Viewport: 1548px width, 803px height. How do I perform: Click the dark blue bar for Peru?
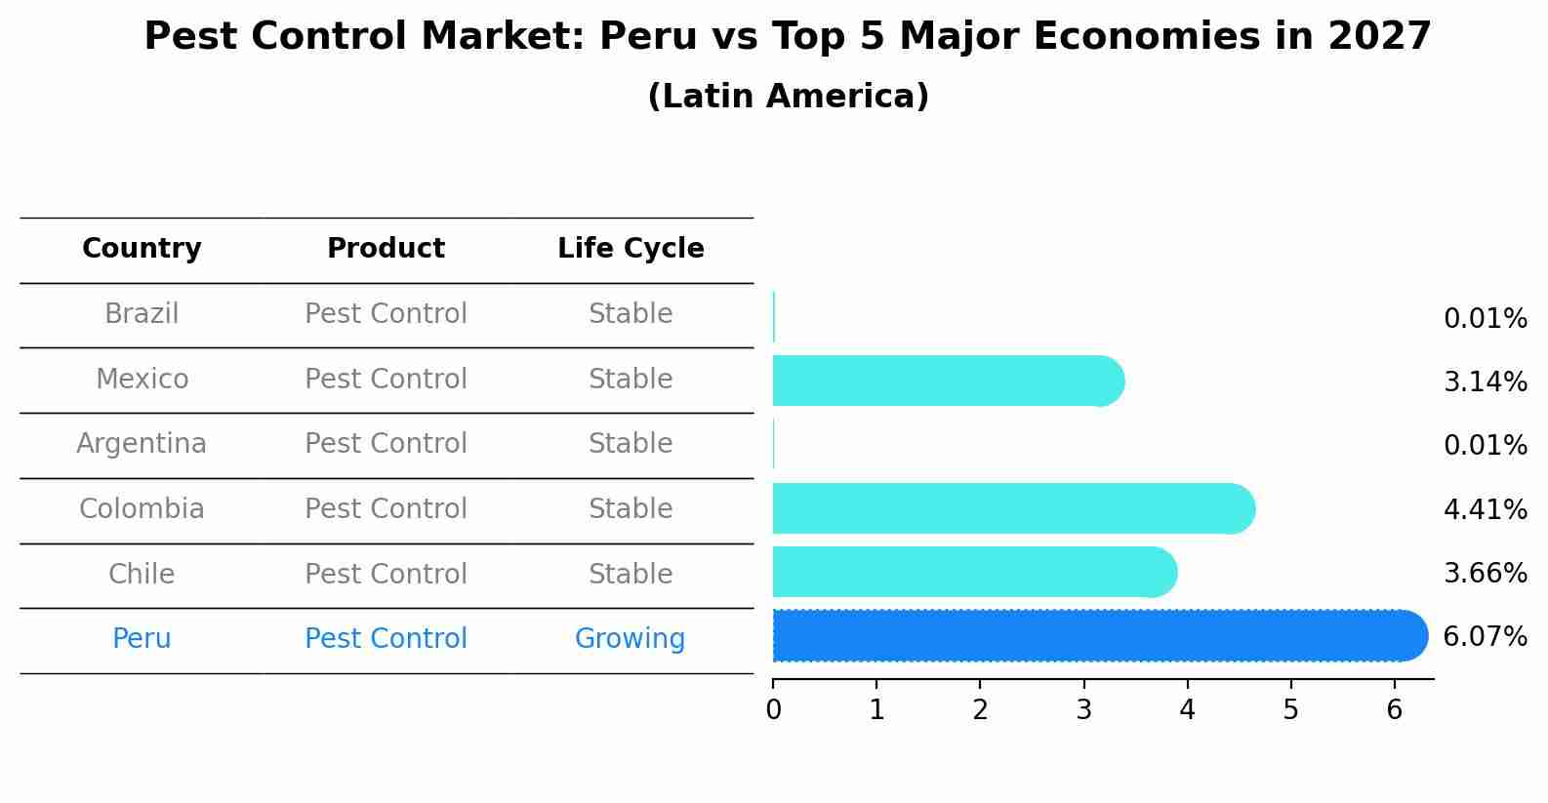[1098, 636]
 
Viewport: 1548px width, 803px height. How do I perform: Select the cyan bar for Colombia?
[1012, 508]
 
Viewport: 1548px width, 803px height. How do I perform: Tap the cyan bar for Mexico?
[947, 381]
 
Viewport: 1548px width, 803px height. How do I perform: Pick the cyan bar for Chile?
[973, 572]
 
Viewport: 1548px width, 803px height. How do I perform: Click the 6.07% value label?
[1485, 637]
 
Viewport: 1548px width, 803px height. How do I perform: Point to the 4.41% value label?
[1485, 509]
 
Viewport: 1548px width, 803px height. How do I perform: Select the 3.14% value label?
[1485, 381]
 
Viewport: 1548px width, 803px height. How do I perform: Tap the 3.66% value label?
[1485, 573]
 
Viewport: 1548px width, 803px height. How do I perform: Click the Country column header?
[142, 249]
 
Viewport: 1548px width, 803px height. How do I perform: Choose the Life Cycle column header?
[631, 249]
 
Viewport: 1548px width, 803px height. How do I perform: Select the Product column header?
[386, 249]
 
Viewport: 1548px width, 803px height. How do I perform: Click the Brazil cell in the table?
[142, 314]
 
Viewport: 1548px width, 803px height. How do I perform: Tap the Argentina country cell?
[142, 444]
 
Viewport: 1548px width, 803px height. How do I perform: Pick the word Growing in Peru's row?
[630, 639]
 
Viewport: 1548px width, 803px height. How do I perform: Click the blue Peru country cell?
[142, 639]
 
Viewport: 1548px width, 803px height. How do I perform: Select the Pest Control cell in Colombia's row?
[386, 509]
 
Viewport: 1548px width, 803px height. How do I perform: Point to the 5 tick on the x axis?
[1290, 709]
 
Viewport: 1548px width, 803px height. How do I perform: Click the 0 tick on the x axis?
[773, 709]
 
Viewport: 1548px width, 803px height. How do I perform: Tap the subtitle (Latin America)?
[788, 97]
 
